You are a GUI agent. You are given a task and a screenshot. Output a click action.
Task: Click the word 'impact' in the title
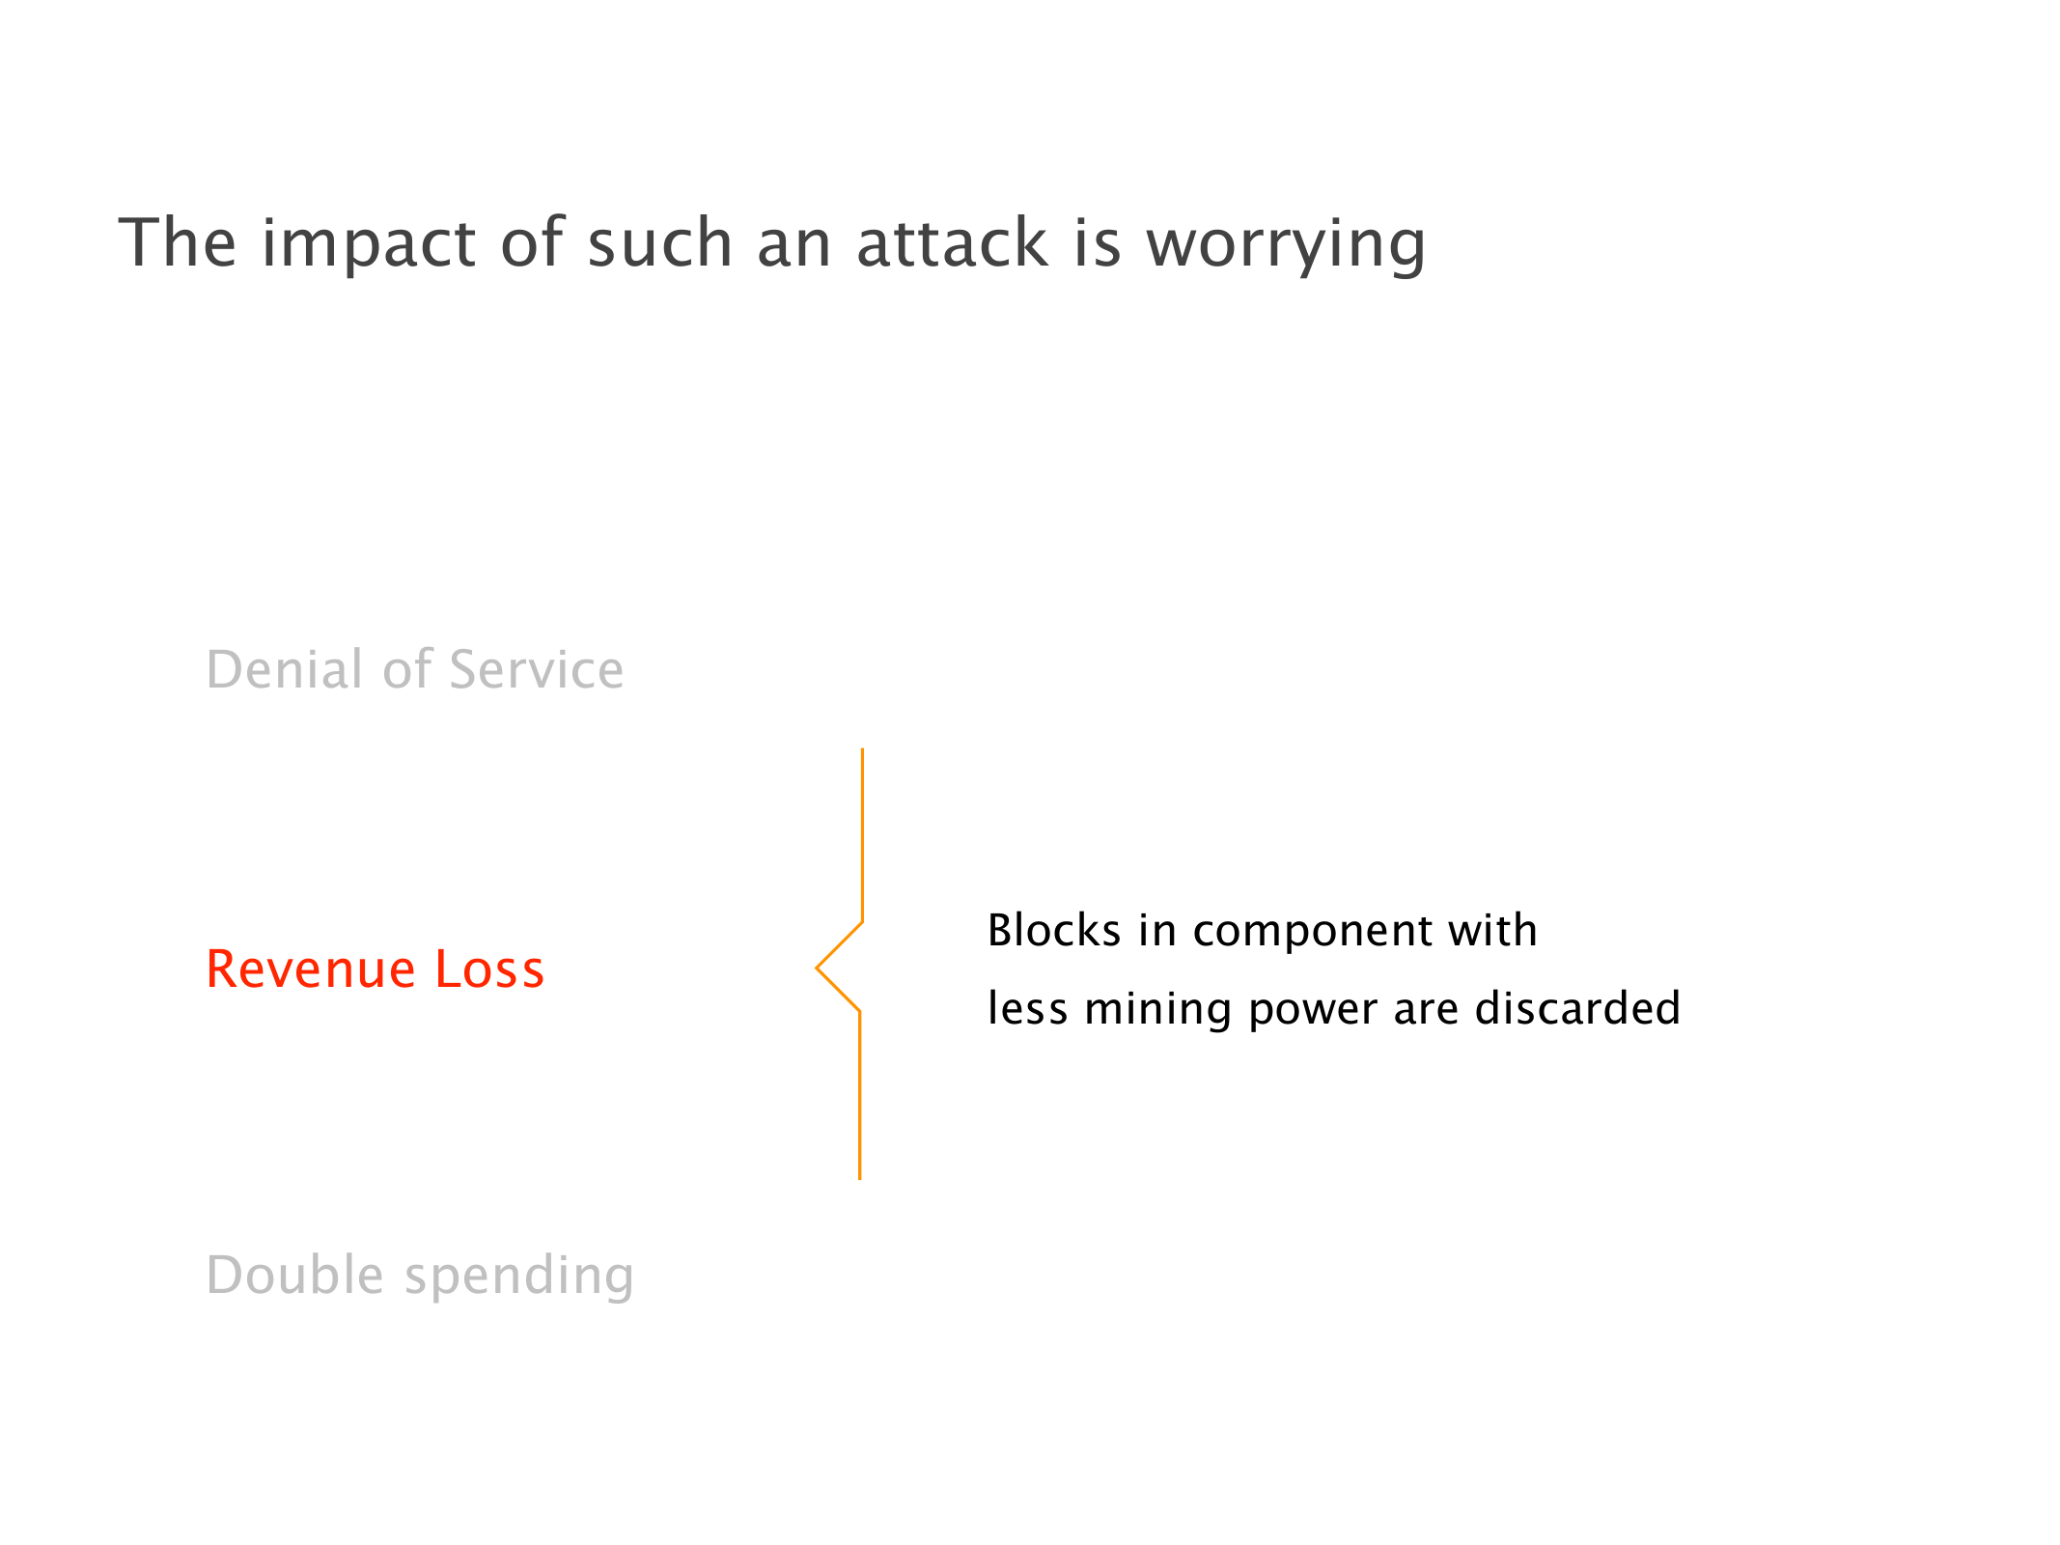pyautogui.click(x=369, y=244)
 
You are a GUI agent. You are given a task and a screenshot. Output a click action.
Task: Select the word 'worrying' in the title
pyautogui.click(x=1286, y=244)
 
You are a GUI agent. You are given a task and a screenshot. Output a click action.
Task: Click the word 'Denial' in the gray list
pyautogui.click(x=287, y=669)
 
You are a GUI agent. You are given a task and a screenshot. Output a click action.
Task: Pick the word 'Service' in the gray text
pyautogui.click(x=537, y=669)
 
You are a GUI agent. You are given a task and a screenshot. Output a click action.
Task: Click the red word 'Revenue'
pyautogui.click(x=311, y=969)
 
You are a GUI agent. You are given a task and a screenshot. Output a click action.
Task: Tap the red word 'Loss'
pyautogui.click(x=489, y=969)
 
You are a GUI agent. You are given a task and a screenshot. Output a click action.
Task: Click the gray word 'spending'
pyautogui.click(x=519, y=1278)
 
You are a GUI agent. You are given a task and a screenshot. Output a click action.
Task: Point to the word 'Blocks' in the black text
pyautogui.click(x=1054, y=930)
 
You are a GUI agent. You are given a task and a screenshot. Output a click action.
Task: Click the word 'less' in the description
pyautogui.click(x=1028, y=1008)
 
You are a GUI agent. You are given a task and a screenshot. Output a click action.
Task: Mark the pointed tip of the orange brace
pyautogui.click(x=817, y=968)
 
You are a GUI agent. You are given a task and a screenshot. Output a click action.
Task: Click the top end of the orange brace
pyautogui.click(x=862, y=748)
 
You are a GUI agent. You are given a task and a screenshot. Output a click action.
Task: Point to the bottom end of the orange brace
pyautogui.click(x=860, y=1179)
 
